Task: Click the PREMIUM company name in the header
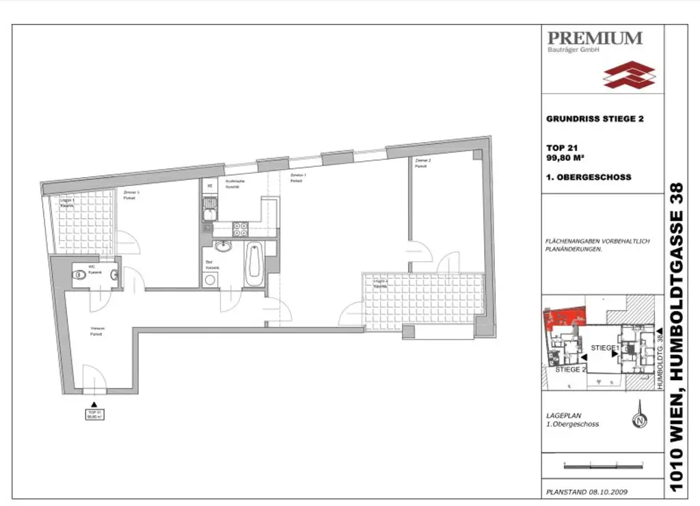(x=595, y=38)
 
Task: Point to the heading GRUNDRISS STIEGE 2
(x=595, y=118)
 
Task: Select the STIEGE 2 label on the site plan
(x=571, y=369)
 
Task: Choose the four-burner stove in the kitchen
(x=241, y=230)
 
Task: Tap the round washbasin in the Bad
(x=222, y=248)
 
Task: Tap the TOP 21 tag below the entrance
(x=94, y=415)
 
